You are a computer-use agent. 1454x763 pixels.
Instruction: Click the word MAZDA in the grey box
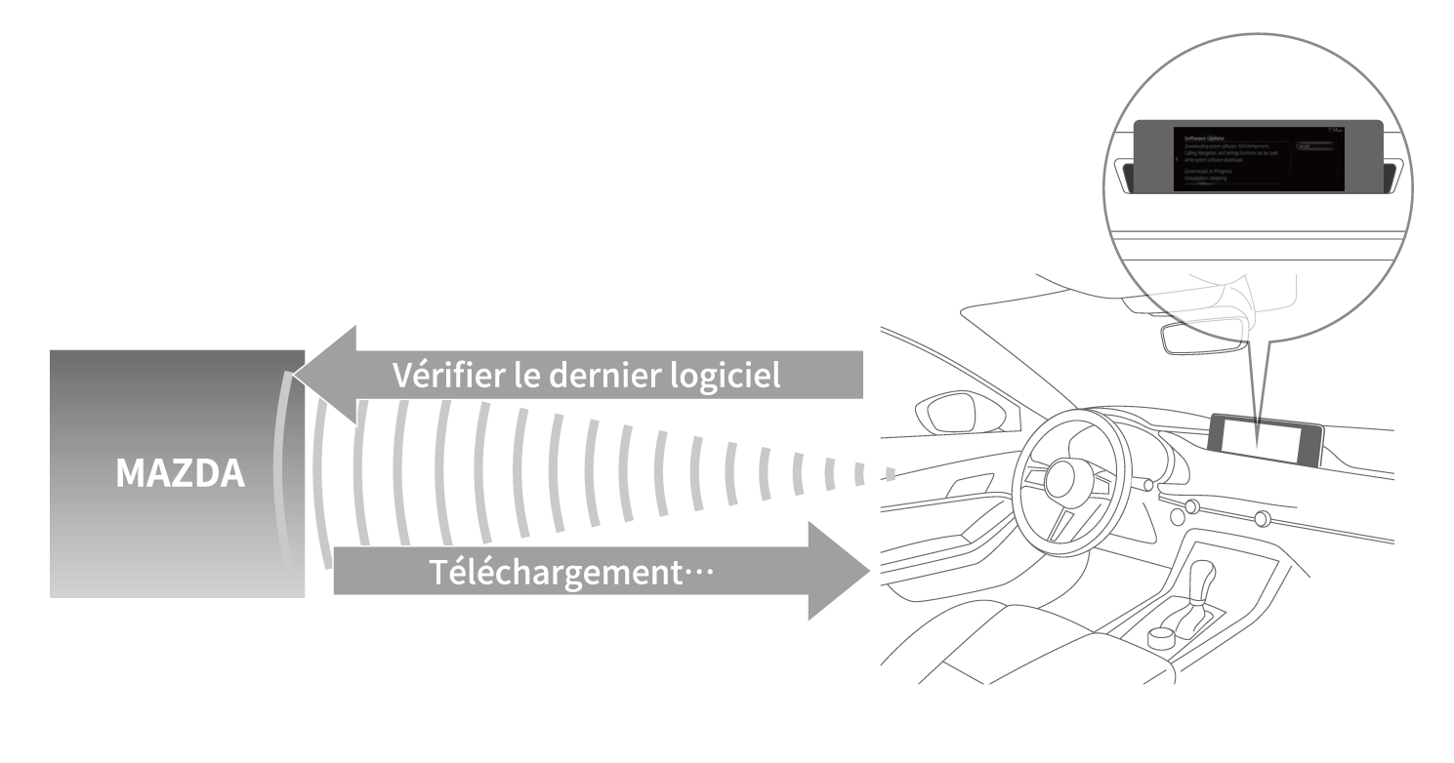click(x=180, y=474)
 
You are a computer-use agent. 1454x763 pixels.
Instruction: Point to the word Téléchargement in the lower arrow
click(x=553, y=572)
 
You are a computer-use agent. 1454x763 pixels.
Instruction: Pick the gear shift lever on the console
click(x=1202, y=585)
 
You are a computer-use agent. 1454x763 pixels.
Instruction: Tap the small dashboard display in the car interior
click(x=1267, y=440)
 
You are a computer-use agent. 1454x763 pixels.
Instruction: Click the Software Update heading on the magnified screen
click(x=1204, y=139)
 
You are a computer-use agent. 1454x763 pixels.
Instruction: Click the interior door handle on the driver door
click(x=975, y=488)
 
